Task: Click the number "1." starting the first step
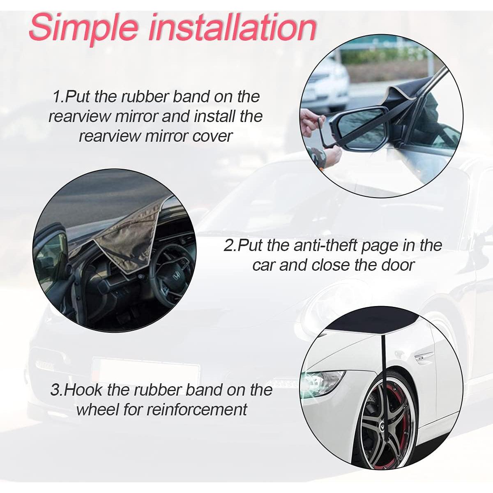(x=59, y=97)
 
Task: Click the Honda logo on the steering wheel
(x=176, y=276)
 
